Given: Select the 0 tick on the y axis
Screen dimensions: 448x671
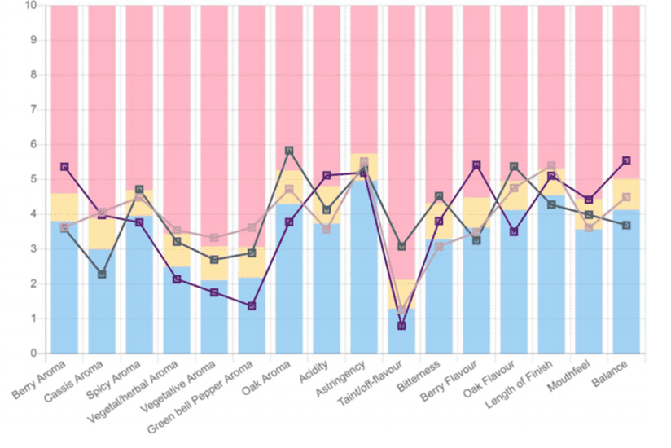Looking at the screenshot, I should pyautogui.click(x=33, y=354).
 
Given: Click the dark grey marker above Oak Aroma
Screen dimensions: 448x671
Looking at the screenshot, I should pyautogui.click(x=289, y=151).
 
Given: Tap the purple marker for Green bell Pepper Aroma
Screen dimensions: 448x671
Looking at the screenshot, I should pyautogui.click(x=252, y=306).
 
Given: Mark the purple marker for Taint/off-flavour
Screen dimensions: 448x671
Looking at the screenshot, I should pyautogui.click(x=401, y=326).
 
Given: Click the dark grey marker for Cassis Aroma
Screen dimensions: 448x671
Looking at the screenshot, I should pyautogui.click(x=102, y=275).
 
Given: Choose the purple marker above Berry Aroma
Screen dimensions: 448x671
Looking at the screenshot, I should pyautogui.click(x=64, y=167).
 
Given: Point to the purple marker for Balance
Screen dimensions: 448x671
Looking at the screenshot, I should pyautogui.click(x=625, y=160).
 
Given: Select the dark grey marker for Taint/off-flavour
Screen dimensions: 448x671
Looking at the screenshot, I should pyautogui.click(x=401, y=246).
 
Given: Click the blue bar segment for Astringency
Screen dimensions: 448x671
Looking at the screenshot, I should pyautogui.click(x=364, y=269).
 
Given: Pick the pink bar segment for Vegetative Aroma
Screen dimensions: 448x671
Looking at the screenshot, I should pyautogui.click(x=214, y=122).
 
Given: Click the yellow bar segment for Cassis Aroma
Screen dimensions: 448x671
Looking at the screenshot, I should pyautogui.click(x=102, y=231).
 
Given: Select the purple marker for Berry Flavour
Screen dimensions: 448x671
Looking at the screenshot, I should pyautogui.click(x=476, y=165).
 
